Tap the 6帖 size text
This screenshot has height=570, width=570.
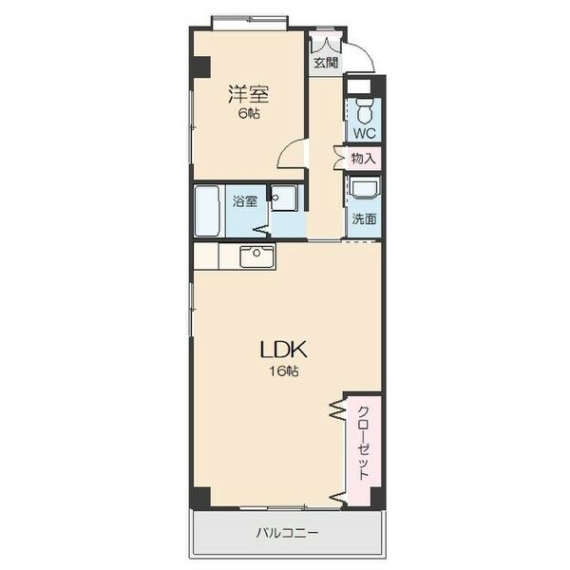(248, 113)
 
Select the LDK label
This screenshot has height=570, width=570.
(282, 349)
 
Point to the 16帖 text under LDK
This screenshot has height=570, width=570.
(282, 371)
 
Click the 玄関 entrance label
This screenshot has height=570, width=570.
(325, 63)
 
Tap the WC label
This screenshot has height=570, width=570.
(365, 134)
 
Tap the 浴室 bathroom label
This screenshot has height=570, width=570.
(245, 200)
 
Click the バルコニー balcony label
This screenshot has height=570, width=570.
(287, 532)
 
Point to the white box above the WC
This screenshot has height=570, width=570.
(363, 87)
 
